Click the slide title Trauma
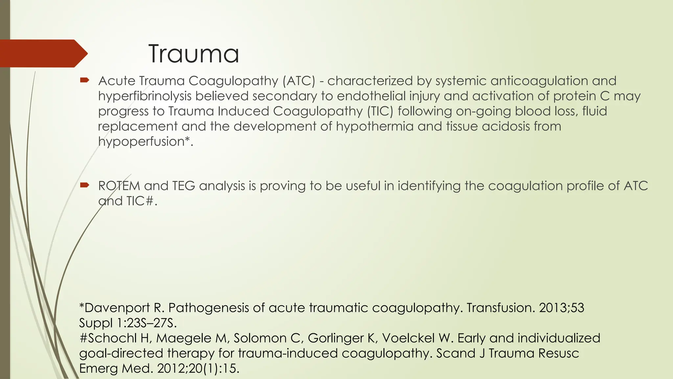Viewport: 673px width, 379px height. click(x=194, y=54)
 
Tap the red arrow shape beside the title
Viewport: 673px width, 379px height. click(x=43, y=53)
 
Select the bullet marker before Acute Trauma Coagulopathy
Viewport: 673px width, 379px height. click(x=84, y=80)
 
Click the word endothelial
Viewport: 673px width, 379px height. click(x=371, y=96)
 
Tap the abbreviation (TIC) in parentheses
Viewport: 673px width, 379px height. click(x=380, y=111)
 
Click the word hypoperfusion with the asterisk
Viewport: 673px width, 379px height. click(x=145, y=141)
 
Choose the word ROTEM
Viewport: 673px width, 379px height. click(x=119, y=186)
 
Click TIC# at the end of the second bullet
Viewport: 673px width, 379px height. click(x=140, y=201)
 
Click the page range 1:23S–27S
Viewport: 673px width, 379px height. click(x=147, y=323)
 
